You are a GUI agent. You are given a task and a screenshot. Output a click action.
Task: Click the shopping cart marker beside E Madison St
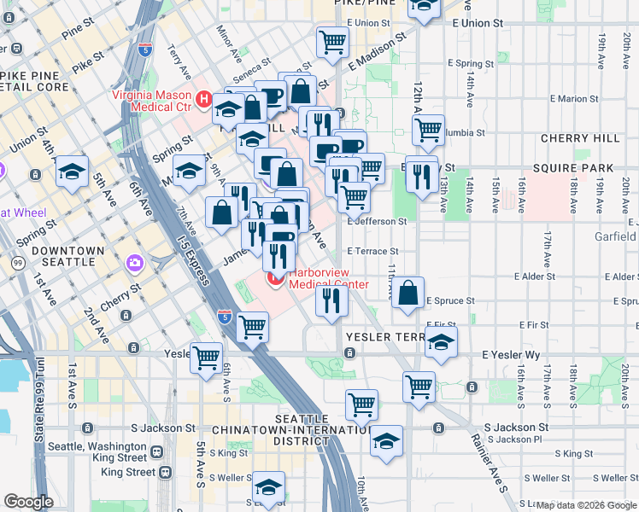click(x=331, y=43)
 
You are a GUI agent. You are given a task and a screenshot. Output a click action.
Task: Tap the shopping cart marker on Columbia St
click(x=428, y=130)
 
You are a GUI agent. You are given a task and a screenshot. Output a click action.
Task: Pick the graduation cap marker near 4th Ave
click(x=73, y=171)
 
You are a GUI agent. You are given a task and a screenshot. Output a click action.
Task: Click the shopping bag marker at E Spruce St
click(x=410, y=293)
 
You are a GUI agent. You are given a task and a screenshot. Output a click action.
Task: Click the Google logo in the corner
click(x=29, y=502)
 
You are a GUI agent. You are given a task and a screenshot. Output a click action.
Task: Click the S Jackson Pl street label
click(x=518, y=439)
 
